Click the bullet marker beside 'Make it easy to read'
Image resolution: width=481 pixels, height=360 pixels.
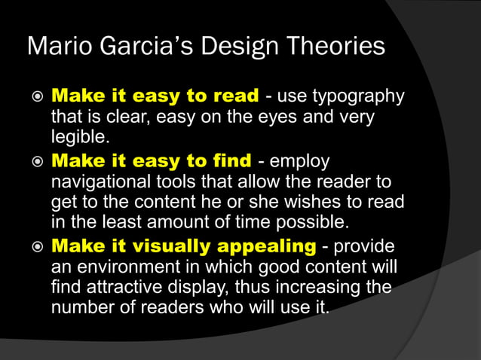coord(34,98)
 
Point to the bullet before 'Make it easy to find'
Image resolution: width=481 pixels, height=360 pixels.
coord(34,163)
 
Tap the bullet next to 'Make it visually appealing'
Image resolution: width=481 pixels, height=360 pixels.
coord(34,247)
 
